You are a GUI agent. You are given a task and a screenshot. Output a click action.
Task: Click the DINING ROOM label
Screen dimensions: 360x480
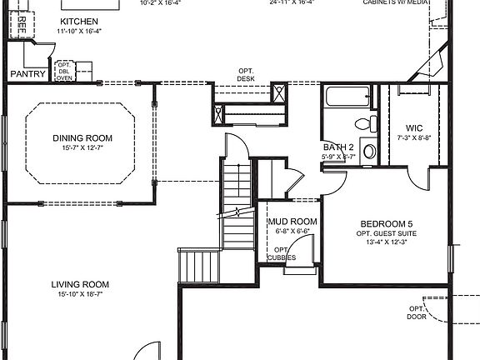coord(82,138)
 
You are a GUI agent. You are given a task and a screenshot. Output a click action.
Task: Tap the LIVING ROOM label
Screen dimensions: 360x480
coord(79,284)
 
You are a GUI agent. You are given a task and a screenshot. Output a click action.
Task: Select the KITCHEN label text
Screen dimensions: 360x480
coord(79,21)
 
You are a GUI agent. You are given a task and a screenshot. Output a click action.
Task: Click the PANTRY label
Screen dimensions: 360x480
coord(27,74)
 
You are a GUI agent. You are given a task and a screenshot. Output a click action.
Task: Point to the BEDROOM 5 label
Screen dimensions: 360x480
coord(386,223)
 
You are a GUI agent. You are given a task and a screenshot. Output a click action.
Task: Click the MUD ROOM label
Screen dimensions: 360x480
coord(292,222)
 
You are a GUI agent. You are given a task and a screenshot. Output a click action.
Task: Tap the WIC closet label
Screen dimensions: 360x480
coord(414,128)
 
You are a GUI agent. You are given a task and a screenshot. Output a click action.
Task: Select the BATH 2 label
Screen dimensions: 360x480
coord(339,147)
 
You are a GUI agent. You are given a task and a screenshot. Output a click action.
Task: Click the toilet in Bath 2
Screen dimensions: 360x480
coord(363,124)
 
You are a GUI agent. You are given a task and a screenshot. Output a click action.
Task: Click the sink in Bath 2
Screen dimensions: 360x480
coord(370,152)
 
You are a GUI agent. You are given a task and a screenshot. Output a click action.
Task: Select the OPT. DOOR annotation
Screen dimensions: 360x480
coord(417,312)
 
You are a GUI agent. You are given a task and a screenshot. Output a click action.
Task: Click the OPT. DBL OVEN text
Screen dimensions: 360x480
coord(64,72)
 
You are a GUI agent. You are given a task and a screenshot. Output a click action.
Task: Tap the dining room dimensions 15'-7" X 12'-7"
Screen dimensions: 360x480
coord(82,148)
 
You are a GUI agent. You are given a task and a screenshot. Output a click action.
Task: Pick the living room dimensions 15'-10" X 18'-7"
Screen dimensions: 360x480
coord(79,294)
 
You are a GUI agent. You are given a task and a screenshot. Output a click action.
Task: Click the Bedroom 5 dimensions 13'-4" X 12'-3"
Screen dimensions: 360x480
coord(386,242)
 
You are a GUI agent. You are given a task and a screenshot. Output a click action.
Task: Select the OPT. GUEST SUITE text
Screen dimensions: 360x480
coord(386,233)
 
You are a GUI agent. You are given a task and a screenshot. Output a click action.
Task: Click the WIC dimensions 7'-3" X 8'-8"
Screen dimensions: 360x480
coord(414,137)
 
